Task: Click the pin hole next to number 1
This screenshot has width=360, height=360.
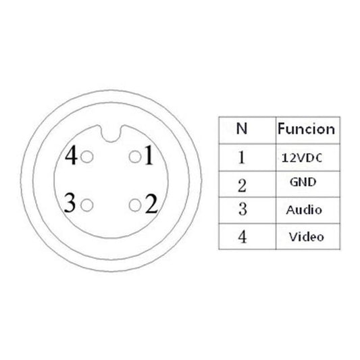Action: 135,157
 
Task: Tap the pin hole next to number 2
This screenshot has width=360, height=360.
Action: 135,205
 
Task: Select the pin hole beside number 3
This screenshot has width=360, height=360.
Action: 87,205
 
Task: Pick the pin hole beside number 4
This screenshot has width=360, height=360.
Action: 87,157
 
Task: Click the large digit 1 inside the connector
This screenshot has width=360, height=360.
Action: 149,155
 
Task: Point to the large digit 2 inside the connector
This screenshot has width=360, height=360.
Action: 151,203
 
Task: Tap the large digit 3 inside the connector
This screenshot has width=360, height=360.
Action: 70,203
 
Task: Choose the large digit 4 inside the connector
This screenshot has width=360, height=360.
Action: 71,155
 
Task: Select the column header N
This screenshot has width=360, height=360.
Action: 242,128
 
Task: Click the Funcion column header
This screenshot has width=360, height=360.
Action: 306,129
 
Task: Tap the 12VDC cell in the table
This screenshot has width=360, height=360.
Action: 302,158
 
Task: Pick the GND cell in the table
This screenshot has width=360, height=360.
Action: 303,182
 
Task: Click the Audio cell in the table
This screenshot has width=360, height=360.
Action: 304,210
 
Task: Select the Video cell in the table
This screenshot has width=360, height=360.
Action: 306,236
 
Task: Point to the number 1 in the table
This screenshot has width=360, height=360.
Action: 242,157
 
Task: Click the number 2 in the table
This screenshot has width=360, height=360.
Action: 242,186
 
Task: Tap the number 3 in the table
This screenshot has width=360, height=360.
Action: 242,209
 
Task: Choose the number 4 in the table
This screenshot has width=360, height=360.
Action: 242,236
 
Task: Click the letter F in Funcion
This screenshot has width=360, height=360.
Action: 282,128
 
